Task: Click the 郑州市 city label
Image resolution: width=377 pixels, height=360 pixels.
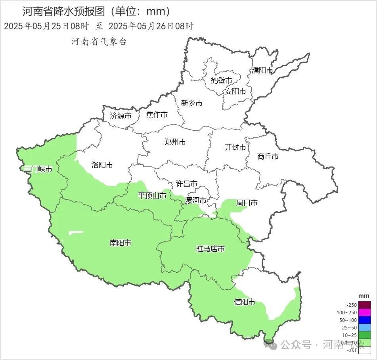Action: pyautogui.click(x=175, y=142)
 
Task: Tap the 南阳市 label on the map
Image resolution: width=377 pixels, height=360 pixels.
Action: pyautogui.click(x=121, y=243)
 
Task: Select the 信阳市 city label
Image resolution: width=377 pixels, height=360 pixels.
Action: pyautogui.click(x=244, y=302)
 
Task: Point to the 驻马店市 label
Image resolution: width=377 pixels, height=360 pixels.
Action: pyautogui.click(x=211, y=249)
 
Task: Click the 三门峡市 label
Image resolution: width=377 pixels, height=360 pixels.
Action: pyautogui.click(x=38, y=169)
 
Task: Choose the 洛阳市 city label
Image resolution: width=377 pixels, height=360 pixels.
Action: pyautogui.click(x=102, y=165)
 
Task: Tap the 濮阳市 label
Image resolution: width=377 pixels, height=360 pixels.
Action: pyautogui.click(x=262, y=70)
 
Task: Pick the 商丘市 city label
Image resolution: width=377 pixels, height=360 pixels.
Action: pyautogui.click(x=268, y=156)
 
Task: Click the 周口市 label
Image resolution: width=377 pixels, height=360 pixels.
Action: pyautogui.click(x=247, y=203)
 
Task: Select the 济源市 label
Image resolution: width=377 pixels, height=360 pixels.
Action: pyautogui.click(x=121, y=116)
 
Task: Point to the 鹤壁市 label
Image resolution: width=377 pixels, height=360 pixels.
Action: pyautogui.click(x=221, y=81)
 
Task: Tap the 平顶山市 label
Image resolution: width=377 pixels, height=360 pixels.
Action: pyautogui.click(x=152, y=195)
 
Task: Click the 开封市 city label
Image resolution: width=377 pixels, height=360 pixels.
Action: pyautogui.click(x=235, y=147)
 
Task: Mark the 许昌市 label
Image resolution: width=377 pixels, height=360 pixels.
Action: pyautogui.click(x=186, y=184)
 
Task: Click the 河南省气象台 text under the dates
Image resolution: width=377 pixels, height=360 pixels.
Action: pyautogui.click(x=99, y=42)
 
